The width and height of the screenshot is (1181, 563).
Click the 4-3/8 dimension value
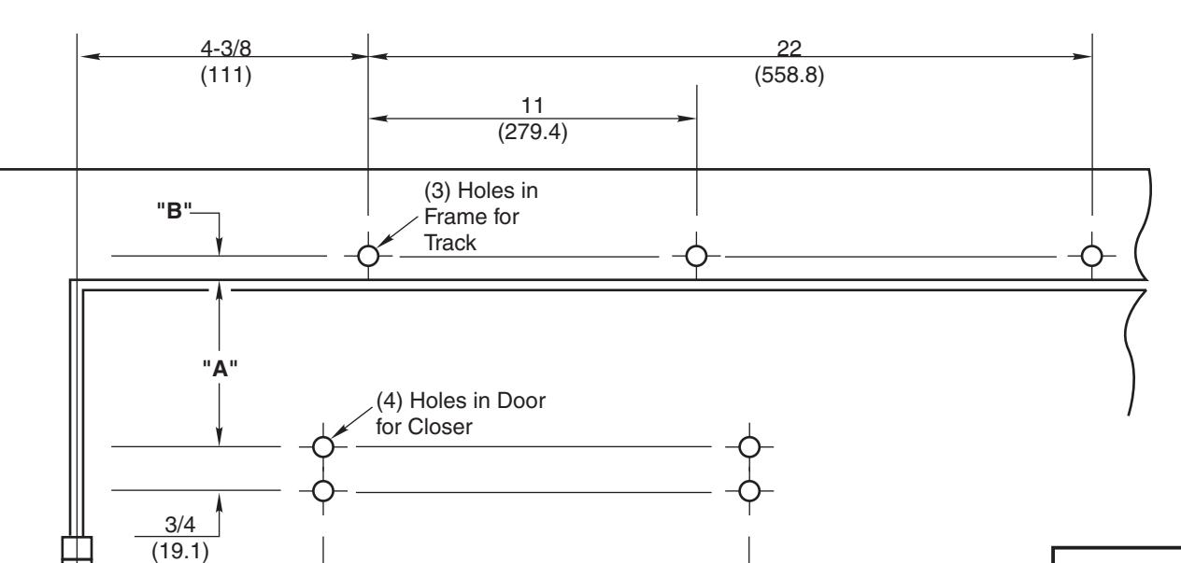tap(226, 49)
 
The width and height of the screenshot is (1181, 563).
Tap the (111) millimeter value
tap(226, 75)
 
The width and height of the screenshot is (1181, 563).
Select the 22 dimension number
tap(790, 49)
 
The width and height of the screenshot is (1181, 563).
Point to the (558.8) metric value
tap(790, 75)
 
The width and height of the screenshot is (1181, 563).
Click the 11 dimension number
tap(533, 106)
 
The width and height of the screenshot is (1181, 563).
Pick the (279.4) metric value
tap(533, 132)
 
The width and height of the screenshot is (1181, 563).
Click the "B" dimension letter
tap(174, 210)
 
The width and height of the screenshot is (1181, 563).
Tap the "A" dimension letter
tap(221, 368)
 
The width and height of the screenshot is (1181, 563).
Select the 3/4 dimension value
tap(179, 525)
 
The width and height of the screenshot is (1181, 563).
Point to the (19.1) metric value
tap(179, 551)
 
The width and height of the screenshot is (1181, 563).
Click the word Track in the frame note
tap(450, 244)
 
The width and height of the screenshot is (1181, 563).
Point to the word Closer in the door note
tap(442, 427)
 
